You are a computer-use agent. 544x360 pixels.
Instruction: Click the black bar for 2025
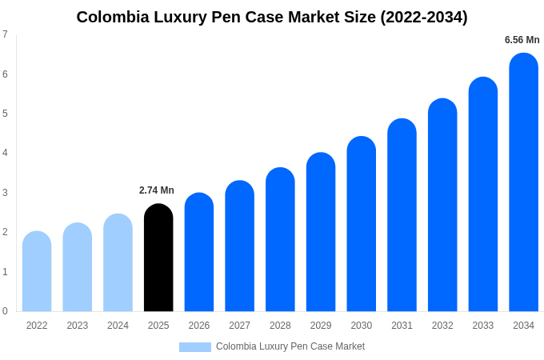[x=158, y=258]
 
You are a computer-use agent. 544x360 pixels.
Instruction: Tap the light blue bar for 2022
[x=37, y=271]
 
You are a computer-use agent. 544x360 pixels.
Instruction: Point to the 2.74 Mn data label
[x=157, y=190]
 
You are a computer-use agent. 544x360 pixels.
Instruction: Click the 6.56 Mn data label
[x=522, y=40]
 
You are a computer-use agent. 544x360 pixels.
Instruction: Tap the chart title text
[x=272, y=17]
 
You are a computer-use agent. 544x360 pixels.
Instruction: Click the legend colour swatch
[x=194, y=347]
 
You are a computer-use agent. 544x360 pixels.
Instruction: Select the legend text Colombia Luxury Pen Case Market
[x=290, y=346]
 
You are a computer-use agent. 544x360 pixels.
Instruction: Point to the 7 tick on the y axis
[x=5, y=34]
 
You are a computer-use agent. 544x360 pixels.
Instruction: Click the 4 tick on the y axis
[x=5, y=153]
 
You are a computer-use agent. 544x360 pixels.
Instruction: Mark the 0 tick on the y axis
[x=5, y=311]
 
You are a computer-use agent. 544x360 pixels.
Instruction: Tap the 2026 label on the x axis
[x=199, y=326]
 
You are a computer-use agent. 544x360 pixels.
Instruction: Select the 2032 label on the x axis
[x=442, y=326]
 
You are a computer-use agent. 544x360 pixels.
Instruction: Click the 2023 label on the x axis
[x=78, y=326]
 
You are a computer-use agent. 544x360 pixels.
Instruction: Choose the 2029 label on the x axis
[x=321, y=326]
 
